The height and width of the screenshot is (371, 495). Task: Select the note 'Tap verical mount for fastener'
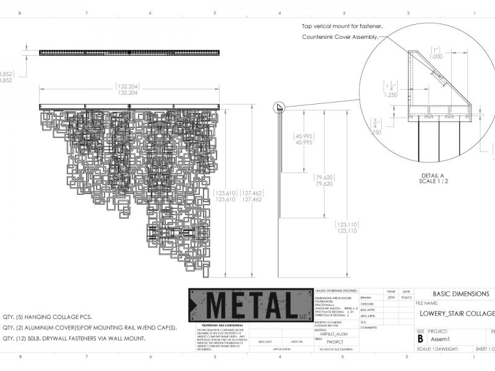[x=342, y=27]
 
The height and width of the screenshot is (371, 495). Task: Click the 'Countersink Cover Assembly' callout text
[x=340, y=37]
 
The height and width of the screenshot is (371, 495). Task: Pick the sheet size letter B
[x=421, y=338]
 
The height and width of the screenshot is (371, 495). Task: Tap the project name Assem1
[x=439, y=339]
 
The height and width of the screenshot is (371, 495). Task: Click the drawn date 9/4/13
[x=406, y=297]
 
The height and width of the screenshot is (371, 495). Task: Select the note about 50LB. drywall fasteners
[x=74, y=338]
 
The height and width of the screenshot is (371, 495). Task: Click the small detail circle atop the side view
[x=279, y=107]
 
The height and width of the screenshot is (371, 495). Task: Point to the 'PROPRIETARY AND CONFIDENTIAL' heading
[x=218, y=325]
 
